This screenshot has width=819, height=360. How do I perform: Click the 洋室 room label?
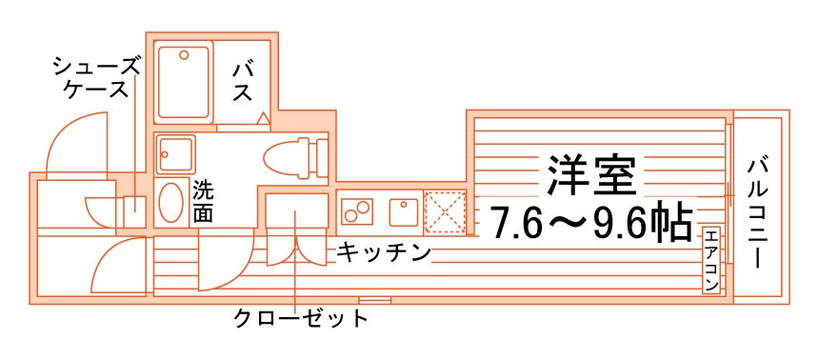coord(591,175)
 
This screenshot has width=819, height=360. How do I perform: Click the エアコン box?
coord(710,260)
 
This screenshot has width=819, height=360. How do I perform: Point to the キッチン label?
coord(384,253)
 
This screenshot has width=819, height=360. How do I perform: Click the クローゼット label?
coord(300,318)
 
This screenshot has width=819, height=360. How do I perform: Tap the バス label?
coord(243,81)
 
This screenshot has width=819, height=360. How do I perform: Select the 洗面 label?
coord(202,202)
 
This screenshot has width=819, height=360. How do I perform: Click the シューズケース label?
coord(97,78)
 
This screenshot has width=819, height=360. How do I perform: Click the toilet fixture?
coord(294,157)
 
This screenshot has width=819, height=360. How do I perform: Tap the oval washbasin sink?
coord(170,203)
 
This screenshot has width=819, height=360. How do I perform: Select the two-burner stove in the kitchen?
coord(357,211)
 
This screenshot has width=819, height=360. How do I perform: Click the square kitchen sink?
coord(403,211)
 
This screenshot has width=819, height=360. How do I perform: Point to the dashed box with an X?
coord(445,211)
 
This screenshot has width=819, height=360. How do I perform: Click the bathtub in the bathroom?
coord(184,83)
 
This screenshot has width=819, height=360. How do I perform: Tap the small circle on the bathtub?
coord(184,54)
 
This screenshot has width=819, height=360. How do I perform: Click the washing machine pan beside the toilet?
coord(175,153)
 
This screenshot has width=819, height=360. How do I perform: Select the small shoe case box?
coord(133,211)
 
